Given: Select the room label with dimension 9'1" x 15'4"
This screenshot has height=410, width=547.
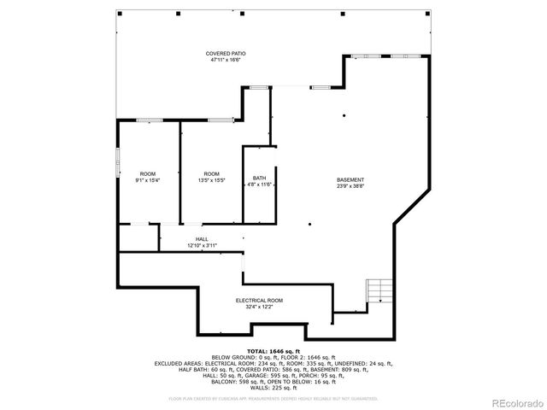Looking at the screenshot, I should [147, 173].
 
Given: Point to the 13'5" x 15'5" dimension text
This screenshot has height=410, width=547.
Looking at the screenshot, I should [211, 180].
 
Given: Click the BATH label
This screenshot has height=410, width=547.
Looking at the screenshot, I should [258, 178].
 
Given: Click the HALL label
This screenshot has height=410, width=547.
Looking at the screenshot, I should [202, 239].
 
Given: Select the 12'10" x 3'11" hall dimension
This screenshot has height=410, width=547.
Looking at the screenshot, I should [202, 246].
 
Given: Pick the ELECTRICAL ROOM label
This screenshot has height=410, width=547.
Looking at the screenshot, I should [259, 301].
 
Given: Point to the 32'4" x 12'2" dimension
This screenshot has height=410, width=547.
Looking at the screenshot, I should [259, 307].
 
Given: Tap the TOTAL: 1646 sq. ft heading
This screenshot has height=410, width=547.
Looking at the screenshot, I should [273, 351].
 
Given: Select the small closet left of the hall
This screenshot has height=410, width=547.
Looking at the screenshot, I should [138, 237].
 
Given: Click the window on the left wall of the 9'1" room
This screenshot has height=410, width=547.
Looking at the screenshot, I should [118, 161].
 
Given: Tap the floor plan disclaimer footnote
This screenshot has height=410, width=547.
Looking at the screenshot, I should [273, 398].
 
